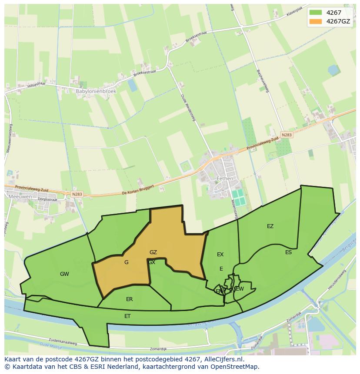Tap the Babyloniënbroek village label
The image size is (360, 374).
90,92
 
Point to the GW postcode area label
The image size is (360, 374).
64,274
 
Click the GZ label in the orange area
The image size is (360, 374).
153,252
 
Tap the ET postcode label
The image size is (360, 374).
127,316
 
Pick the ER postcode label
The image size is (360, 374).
129,299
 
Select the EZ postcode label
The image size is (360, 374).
270,226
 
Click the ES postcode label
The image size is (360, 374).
288,252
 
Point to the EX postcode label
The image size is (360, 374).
220,255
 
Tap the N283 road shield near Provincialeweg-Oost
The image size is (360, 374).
287,135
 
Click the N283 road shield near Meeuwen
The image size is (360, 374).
77,194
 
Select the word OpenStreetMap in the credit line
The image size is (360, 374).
236,367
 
